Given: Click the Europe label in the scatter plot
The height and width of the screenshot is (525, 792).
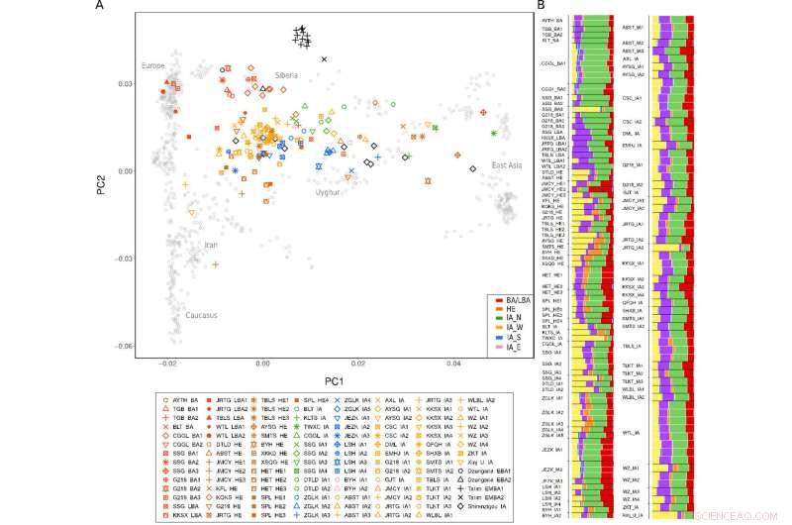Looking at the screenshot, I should coord(153,65).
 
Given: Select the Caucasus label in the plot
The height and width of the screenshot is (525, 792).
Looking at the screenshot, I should coord(201,315).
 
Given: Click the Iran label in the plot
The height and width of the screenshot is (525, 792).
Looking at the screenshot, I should coord(209,245).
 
